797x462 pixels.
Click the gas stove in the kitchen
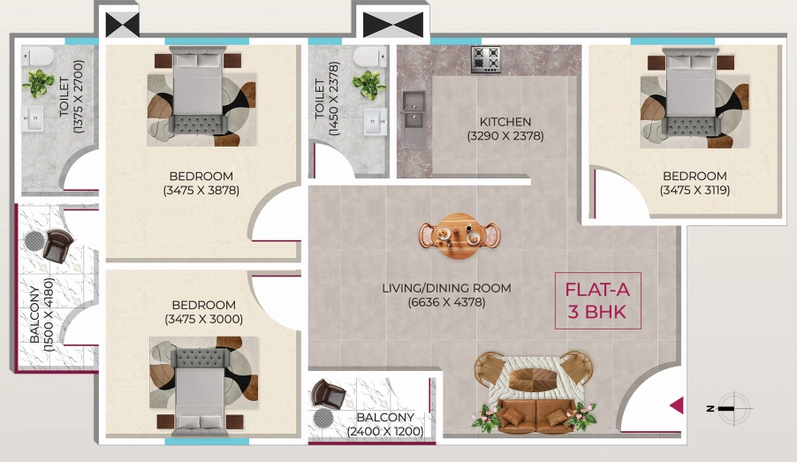486,59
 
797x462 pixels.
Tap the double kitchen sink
414,118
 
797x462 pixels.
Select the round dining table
459,236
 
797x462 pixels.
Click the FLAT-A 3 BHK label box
597,301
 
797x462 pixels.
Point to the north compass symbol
731,407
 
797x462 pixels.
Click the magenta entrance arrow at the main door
676,405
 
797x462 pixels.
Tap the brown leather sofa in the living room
536,416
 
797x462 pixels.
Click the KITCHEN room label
505,122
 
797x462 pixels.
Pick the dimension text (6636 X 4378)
446,302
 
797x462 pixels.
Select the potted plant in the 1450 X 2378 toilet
369,84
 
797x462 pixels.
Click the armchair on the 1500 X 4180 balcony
57,246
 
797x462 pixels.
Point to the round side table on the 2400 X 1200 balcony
323,419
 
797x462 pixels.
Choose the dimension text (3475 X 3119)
695,190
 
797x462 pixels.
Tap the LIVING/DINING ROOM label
446,288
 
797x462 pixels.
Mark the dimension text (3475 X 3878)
201,190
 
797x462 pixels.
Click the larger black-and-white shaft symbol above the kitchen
393,25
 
